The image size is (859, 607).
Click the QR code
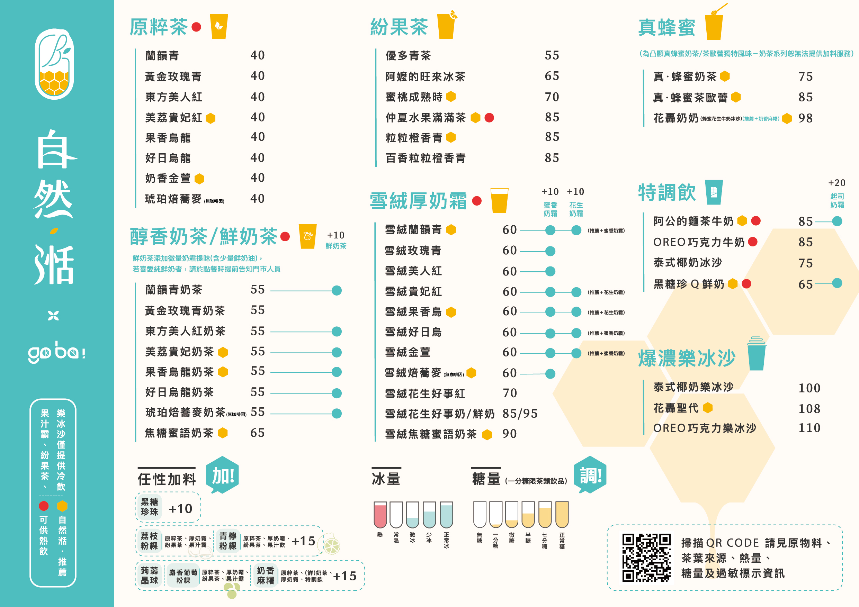coord(646,558)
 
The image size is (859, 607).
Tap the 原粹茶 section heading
coord(159,27)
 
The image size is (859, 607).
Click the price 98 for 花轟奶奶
coord(805,118)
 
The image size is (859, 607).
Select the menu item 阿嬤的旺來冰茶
coord(425,77)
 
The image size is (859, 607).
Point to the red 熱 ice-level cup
coord(380,515)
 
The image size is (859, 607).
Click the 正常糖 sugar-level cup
coord(562,515)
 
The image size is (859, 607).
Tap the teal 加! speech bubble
coord(223,475)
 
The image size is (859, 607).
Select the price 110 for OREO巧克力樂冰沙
coord(809,428)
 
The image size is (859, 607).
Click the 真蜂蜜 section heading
coord(667,28)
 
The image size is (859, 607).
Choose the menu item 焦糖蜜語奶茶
coord(179,433)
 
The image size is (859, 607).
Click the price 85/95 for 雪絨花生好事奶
coord(520,414)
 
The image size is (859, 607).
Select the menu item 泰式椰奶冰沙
coord(688,263)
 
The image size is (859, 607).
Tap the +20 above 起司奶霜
coord(836,183)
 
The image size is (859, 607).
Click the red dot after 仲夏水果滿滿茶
coord(489,118)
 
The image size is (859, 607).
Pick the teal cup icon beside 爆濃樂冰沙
coord(757,353)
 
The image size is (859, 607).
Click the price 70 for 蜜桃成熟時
coord(552,97)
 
